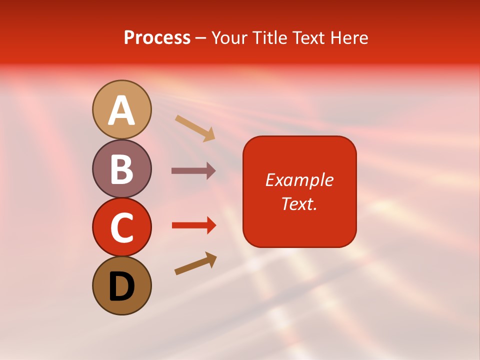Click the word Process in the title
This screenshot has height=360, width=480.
[x=157, y=38]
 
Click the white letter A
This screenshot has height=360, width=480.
[x=121, y=110]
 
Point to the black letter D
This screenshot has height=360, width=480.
[x=121, y=287]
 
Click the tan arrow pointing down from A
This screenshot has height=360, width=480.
[x=195, y=128]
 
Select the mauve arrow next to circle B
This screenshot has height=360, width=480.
[x=193, y=171]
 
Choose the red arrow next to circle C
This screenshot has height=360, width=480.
[x=193, y=225]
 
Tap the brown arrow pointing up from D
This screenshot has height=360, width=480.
[x=195, y=263]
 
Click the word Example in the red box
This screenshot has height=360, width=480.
[x=299, y=180]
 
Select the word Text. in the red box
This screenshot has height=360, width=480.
[x=299, y=204]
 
